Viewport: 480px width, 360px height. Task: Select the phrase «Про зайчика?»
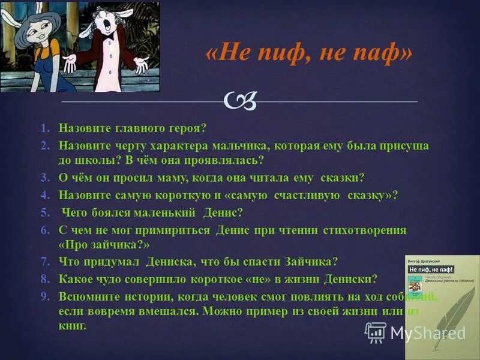[104, 245]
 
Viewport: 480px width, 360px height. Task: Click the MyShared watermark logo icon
[376, 332]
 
